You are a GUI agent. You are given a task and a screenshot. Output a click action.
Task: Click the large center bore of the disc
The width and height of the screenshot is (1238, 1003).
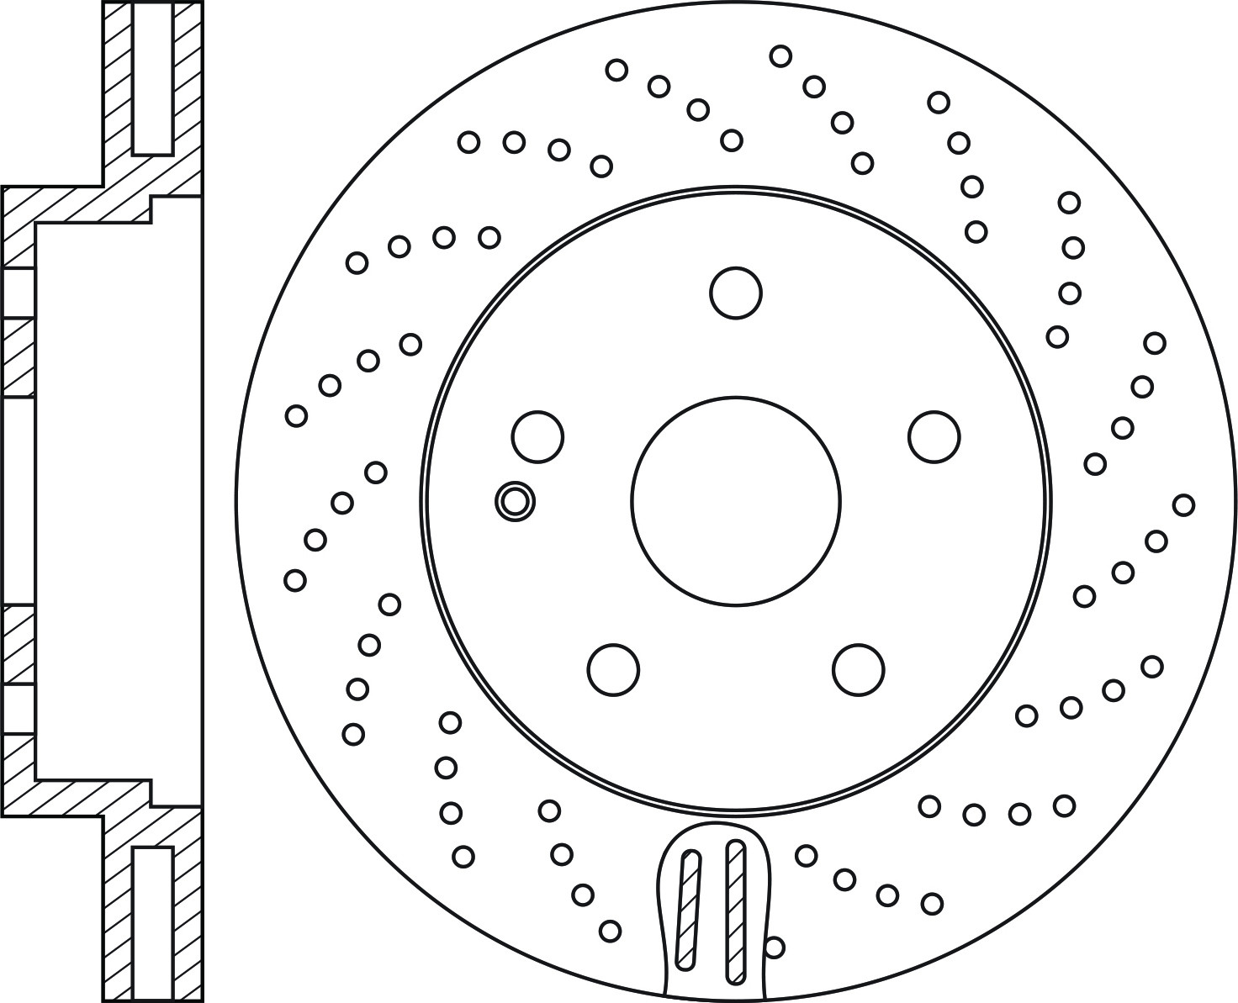(736, 501)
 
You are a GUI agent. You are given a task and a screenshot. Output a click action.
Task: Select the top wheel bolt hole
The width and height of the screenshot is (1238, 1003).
(736, 293)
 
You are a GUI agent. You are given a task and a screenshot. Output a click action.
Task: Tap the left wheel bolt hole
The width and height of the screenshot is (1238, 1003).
(537, 436)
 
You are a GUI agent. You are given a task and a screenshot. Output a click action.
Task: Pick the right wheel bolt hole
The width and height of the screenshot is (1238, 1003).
(934, 436)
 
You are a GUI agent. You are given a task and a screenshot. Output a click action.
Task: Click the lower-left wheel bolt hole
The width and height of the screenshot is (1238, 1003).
(613, 670)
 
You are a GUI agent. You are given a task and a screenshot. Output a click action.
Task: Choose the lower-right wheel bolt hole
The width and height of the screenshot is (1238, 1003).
(859, 670)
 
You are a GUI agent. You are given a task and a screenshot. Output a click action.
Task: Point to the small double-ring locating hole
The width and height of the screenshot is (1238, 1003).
(514, 501)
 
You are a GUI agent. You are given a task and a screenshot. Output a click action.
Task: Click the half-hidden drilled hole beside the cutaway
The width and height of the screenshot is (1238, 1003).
(775, 948)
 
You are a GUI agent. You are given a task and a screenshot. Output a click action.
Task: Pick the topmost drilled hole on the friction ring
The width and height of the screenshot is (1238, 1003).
(780, 56)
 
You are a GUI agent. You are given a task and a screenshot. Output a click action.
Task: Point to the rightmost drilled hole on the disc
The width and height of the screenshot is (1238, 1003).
(1183, 505)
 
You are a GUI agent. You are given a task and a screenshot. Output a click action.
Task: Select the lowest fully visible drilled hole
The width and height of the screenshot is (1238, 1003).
(611, 931)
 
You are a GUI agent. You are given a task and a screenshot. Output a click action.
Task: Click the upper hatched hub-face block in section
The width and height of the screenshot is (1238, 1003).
(18, 356)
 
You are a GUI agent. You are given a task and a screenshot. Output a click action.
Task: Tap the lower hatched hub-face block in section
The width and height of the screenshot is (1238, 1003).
(18, 644)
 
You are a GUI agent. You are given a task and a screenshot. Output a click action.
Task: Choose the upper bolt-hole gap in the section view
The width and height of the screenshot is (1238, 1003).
(18, 293)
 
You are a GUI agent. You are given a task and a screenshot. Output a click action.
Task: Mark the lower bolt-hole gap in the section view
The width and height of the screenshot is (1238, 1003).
(18, 709)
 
